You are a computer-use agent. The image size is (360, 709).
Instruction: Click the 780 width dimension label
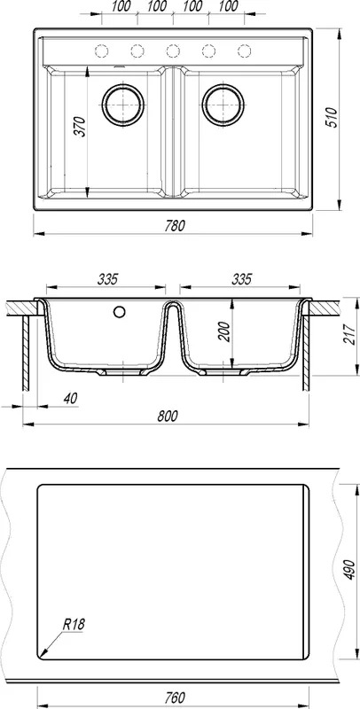point(175,226)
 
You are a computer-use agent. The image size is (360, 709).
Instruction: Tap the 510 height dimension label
point(332,118)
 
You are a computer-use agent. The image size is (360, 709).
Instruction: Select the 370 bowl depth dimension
point(79,127)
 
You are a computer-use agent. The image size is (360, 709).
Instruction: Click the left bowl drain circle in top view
point(123,105)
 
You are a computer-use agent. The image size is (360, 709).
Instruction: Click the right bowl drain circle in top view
point(223,105)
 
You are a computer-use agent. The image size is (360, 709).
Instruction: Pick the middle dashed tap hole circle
point(173,51)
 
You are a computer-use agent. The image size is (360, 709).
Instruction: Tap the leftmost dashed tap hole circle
point(101,51)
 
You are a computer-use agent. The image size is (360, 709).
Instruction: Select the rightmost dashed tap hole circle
point(244,51)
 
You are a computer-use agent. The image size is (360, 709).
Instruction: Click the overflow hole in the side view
point(120,311)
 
